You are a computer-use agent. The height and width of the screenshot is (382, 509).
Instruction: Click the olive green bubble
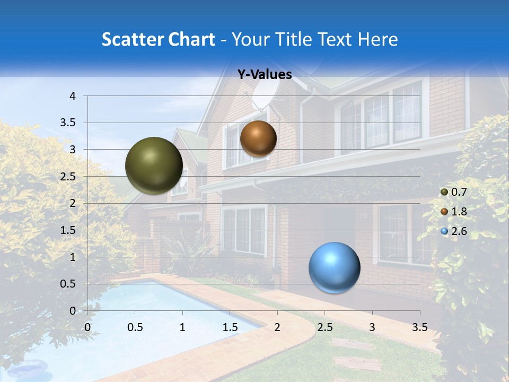click(154, 166)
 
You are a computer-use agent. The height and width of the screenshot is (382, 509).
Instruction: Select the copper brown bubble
click(258, 138)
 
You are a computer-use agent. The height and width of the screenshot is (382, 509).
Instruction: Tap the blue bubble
click(334, 267)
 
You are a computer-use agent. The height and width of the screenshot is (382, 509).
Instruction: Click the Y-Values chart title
click(264, 75)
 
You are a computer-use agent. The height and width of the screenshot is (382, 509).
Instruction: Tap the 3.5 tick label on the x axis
click(419, 327)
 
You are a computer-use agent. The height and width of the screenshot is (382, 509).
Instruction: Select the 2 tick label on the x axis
click(277, 327)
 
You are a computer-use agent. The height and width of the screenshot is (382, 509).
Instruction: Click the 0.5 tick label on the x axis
click(135, 327)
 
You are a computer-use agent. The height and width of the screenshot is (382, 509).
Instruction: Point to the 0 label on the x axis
click(88, 327)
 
